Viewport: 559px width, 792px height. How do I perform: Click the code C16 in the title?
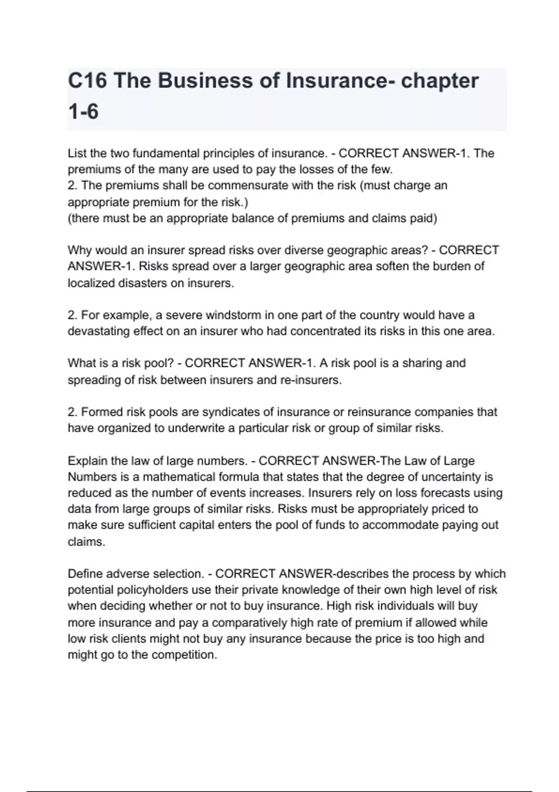[87, 81]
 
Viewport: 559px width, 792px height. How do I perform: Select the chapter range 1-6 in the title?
[83, 112]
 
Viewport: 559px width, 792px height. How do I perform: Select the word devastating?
[98, 331]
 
